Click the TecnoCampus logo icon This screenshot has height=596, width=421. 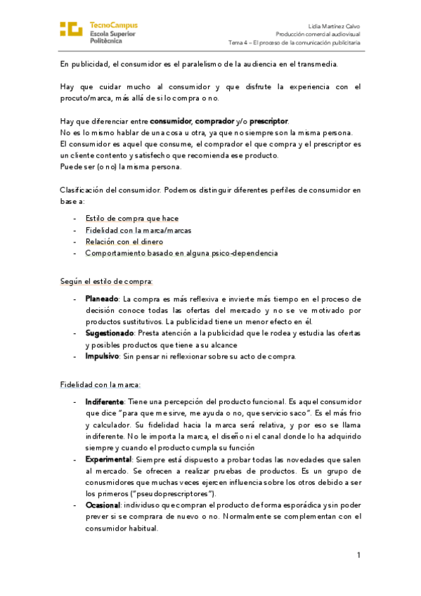click(x=71, y=29)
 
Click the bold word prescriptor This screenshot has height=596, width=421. click(x=268, y=121)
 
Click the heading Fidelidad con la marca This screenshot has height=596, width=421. click(x=101, y=384)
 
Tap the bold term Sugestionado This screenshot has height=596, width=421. click(x=110, y=332)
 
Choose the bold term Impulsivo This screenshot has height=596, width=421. click(x=102, y=356)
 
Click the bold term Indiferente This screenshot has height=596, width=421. click(x=105, y=401)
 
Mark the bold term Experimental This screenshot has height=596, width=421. click(x=109, y=458)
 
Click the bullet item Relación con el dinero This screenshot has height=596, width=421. click(x=124, y=241)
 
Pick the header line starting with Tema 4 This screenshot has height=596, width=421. click(x=294, y=42)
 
